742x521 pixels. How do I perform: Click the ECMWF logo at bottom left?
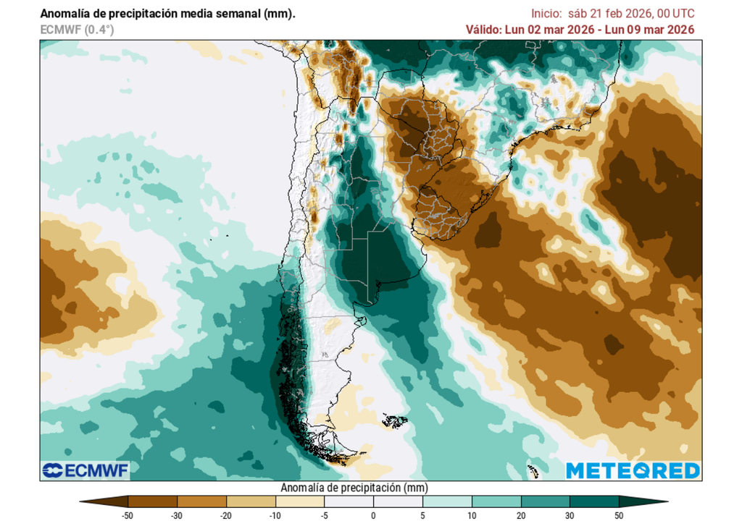click(85, 470)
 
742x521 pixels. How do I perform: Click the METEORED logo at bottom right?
click(633, 470)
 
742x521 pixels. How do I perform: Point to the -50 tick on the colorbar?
click(128, 514)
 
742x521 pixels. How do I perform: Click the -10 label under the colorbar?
click(275, 514)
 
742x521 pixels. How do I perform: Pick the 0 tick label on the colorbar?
click(374, 514)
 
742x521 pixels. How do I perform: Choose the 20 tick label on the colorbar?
click(521, 514)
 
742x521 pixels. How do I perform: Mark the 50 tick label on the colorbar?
click(619, 514)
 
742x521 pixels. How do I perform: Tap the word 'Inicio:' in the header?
click(548, 14)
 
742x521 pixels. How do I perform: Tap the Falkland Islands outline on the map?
click(394, 419)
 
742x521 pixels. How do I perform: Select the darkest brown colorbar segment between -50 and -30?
click(153, 501)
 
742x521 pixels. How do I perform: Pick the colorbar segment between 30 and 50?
click(594, 501)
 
